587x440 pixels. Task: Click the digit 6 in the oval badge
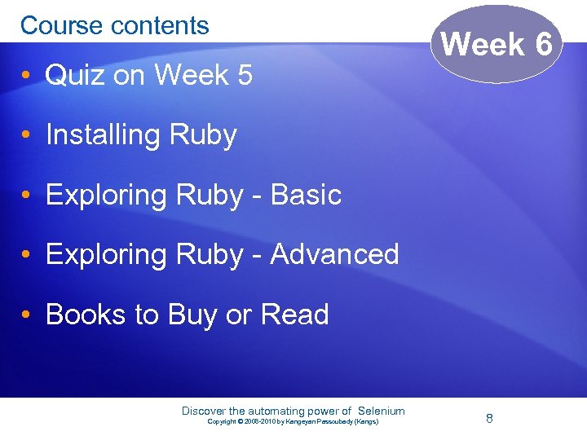545,44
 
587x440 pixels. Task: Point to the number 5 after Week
244,76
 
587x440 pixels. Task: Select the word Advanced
334,254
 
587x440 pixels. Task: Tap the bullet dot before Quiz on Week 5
28,76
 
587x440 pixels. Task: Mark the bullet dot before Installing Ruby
28,135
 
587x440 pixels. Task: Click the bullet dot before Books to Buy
28,315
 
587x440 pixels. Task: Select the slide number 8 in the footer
489,418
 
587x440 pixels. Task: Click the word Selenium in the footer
382,411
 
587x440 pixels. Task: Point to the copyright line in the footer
293,421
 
